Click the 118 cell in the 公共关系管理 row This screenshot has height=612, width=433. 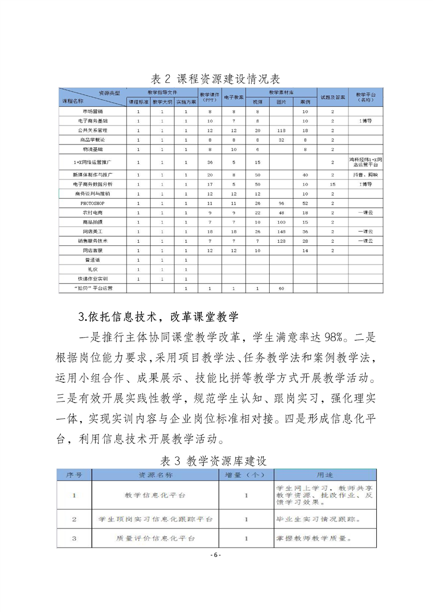coord(282,130)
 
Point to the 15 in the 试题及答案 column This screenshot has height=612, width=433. coord(333,184)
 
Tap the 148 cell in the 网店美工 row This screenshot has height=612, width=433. coord(282,231)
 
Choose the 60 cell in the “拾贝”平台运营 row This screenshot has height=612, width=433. coord(282,287)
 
